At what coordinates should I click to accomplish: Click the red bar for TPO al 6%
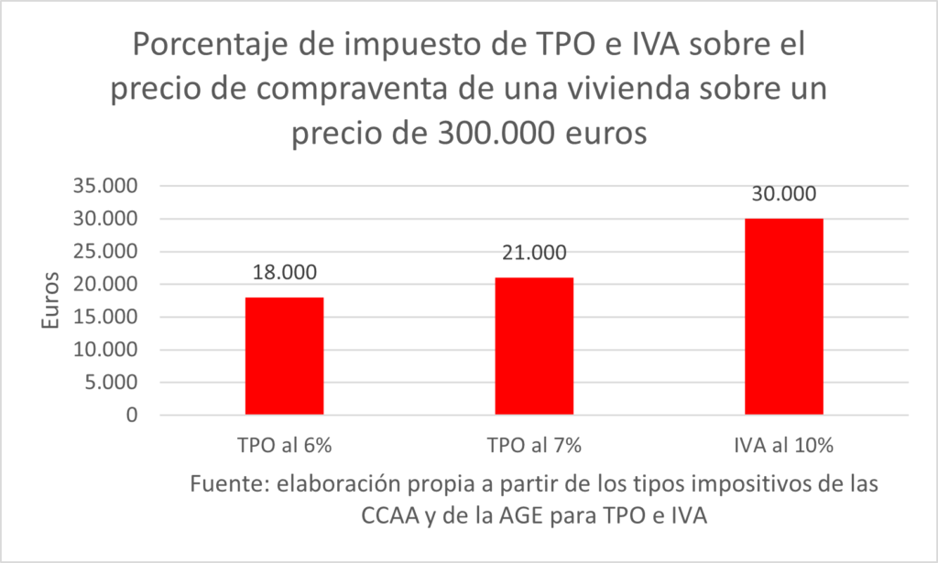click(x=285, y=356)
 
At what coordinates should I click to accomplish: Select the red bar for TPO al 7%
click(x=534, y=346)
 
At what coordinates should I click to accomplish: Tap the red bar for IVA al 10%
click(x=784, y=317)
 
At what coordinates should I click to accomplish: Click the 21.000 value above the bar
click(x=534, y=254)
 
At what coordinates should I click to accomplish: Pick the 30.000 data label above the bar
click(x=784, y=195)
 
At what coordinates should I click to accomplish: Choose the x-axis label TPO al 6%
click(x=285, y=448)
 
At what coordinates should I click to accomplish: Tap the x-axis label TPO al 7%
click(x=534, y=448)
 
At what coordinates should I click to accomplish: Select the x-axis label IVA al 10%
click(x=784, y=448)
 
